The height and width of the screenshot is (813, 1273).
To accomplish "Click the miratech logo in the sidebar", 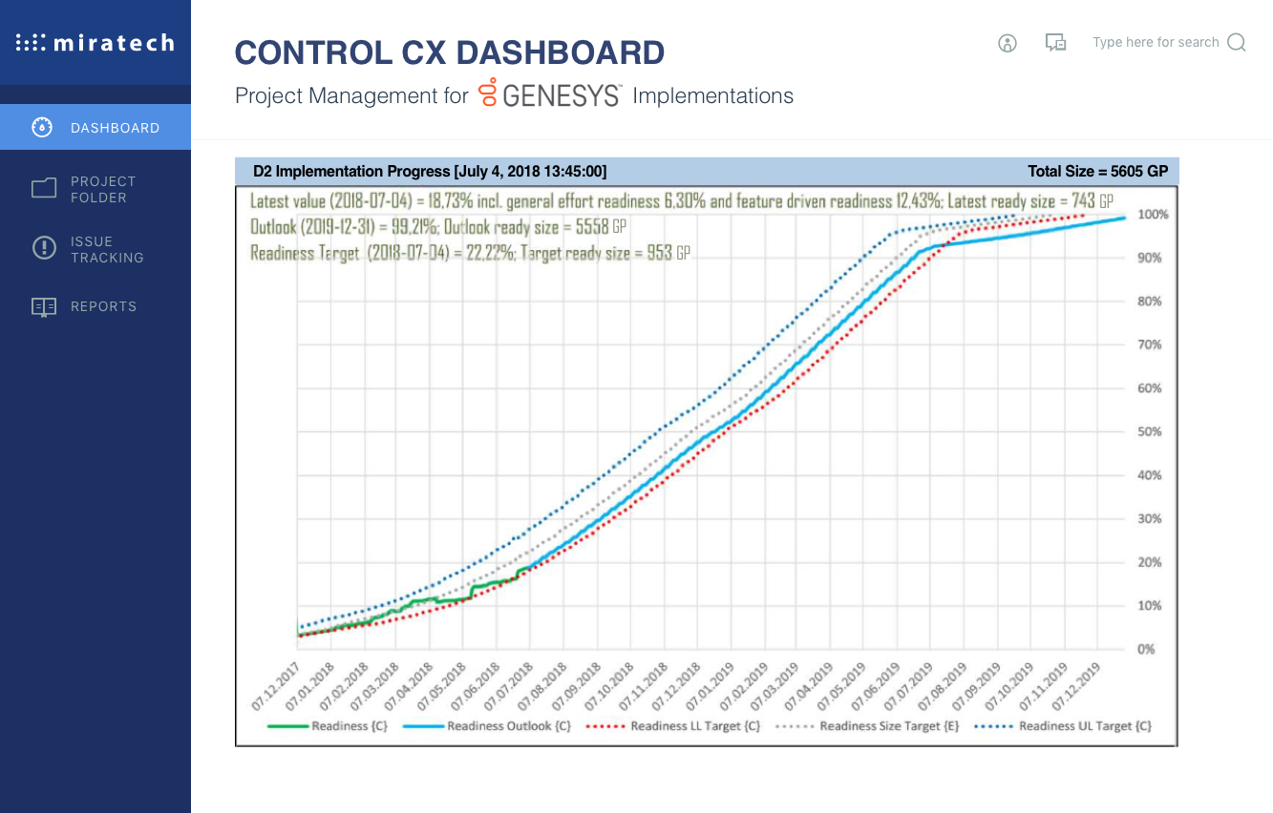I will [x=95, y=43].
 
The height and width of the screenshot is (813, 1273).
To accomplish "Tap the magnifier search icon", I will [x=1236, y=43].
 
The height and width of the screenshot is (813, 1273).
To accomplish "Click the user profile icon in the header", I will [x=1008, y=43].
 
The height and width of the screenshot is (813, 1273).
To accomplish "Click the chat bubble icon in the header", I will [x=1055, y=43].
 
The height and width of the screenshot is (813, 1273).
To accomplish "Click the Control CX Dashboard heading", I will [x=450, y=53].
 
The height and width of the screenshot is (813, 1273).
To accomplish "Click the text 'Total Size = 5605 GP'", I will [x=1097, y=172].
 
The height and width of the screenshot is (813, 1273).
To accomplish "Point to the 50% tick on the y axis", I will [x=1149, y=432].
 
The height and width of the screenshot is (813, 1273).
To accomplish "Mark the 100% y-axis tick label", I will [x=1152, y=215].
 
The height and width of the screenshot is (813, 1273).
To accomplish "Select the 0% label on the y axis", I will [x=1146, y=650].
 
